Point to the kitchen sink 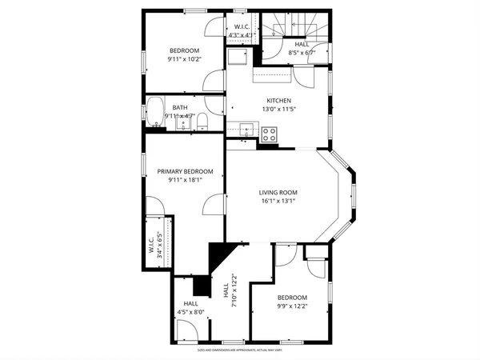click(246, 129)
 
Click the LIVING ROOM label click(278, 192)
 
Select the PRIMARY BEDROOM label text click(185, 171)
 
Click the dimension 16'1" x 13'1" click(278, 201)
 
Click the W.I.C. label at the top click(242, 27)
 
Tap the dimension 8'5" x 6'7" click(301, 53)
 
